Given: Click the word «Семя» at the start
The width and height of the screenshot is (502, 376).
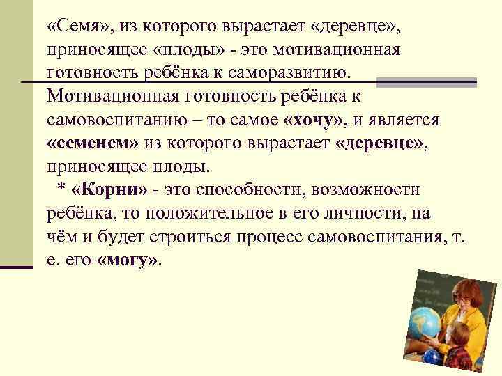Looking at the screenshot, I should [77, 26].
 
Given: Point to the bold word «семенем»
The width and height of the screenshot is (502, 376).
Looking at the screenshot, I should [93, 143].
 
